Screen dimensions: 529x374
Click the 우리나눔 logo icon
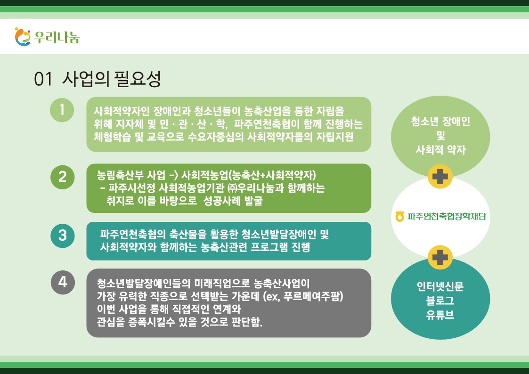(23, 37)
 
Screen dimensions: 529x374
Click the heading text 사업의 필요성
(112, 79)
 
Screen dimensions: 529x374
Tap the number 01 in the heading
(43, 80)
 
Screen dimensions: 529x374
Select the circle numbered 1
(62, 110)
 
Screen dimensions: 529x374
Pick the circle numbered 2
(62, 177)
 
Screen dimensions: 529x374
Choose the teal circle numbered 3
(62, 236)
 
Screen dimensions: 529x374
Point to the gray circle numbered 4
(63, 282)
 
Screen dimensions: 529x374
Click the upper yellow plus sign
(440, 176)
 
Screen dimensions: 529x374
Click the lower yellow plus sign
(440, 258)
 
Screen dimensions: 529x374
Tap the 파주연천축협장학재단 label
(447, 216)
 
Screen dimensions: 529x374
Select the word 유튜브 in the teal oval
(440, 315)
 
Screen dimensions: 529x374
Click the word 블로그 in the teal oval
(440, 301)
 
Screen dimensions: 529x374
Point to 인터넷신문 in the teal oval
(440, 286)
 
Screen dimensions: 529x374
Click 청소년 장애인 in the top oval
(440, 122)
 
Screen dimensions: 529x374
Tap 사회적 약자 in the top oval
(440, 150)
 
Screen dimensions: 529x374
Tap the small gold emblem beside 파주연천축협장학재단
(400, 216)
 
